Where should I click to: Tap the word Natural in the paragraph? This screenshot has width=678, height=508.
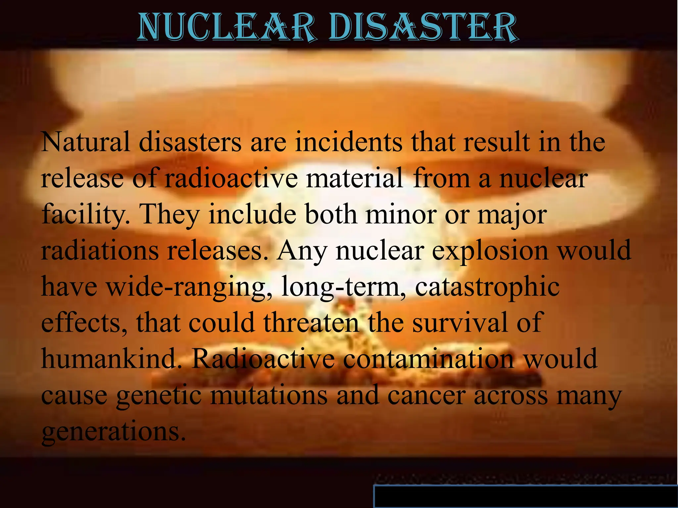[85, 142]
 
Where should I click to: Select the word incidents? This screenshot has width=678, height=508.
[349, 142]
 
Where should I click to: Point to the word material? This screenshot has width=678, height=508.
[354, 178]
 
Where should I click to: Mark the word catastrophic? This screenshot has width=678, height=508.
[487, 288]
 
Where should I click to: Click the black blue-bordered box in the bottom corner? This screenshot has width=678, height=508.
[525, 496]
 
